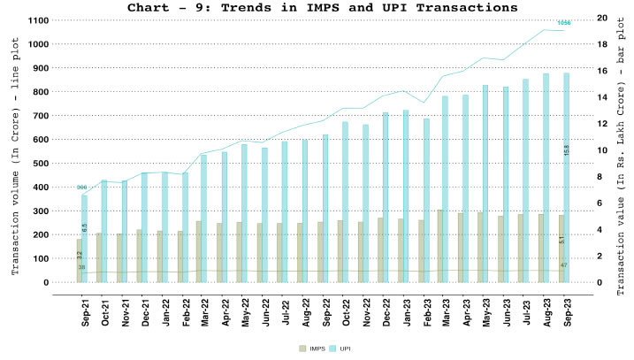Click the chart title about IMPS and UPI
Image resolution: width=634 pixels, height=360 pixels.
[x=317, y=8]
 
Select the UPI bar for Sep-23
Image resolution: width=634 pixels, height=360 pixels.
[x=567, y=177]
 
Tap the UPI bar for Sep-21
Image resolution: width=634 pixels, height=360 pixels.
[x=85, y=239]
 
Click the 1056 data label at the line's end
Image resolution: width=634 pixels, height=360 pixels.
[x=564, y=22]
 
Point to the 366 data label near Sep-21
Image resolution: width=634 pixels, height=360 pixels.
[x=81, y=188]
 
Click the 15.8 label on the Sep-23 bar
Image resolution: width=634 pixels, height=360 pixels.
[x=567, y=151]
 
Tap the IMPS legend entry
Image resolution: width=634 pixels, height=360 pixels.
[x=304, y=349]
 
